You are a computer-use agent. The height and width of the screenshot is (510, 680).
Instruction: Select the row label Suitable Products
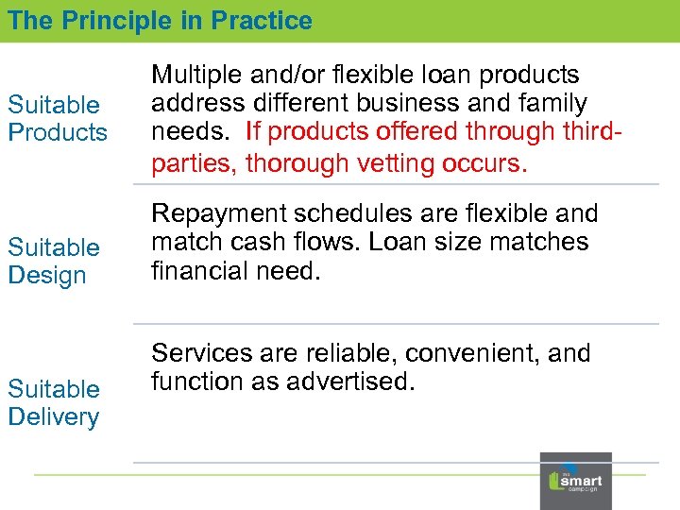click(58, 118)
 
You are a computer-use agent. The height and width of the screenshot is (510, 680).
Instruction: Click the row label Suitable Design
click(54, 261)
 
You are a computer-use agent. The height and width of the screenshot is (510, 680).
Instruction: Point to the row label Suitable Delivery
click(54, 402)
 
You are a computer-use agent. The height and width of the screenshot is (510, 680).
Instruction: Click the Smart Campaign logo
click(575, 481)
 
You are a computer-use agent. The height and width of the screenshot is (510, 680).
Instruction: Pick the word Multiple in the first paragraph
click(199, 75)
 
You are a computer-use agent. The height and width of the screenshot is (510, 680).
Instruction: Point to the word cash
click(261, 243)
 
